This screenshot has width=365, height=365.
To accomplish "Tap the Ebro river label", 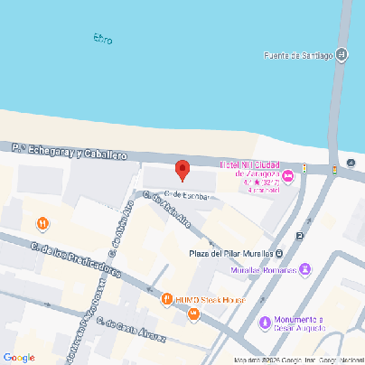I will (103, 38).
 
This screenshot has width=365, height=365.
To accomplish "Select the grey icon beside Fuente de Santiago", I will (342, 54).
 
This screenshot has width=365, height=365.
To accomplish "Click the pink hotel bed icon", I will (288, 174).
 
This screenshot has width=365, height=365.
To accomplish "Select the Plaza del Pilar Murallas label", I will (230, 253).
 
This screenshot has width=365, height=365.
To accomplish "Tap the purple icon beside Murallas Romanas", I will (305, 269).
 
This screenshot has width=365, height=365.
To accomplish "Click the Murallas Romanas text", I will (263, 269).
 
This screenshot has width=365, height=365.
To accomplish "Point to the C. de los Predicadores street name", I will (75, 259).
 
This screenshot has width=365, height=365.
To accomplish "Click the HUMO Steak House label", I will (210, 299).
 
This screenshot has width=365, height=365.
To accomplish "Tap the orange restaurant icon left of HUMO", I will (165, 299).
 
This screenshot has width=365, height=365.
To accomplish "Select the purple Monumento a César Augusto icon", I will (265, 321).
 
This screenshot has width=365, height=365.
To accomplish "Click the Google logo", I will (19, 357).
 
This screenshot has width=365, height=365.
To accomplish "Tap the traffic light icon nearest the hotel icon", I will (304, 167).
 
